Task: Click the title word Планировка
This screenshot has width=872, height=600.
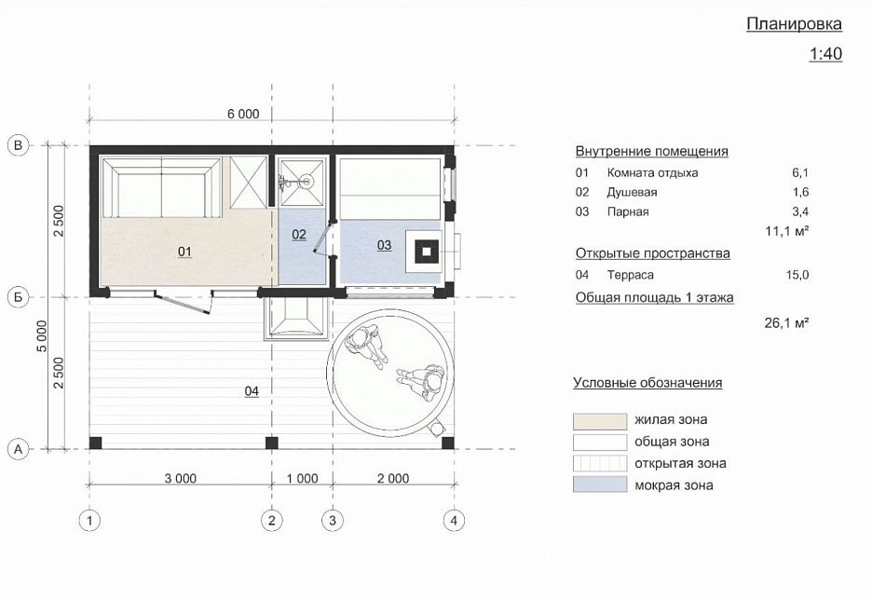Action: pos(794,24)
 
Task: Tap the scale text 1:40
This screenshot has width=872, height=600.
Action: pos(825,54)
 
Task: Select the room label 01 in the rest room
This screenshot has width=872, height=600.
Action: pos(184,252)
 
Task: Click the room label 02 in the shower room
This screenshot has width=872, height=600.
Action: pos(299,234)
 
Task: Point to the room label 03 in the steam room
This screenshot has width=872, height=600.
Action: pos(384,245)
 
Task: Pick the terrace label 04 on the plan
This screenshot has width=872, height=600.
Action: pos(252,391)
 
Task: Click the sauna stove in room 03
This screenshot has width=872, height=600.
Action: pos(427,250)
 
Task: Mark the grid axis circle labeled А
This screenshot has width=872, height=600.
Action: pos(17,449)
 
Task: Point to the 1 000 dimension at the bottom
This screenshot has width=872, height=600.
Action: pos(302,479)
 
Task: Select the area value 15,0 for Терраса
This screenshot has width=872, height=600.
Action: pos(797,275)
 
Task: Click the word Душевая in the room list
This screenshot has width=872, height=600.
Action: pos(632,192)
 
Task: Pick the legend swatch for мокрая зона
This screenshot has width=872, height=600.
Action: pos(598,484)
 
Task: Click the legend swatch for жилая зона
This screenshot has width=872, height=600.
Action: pos(598,420)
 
